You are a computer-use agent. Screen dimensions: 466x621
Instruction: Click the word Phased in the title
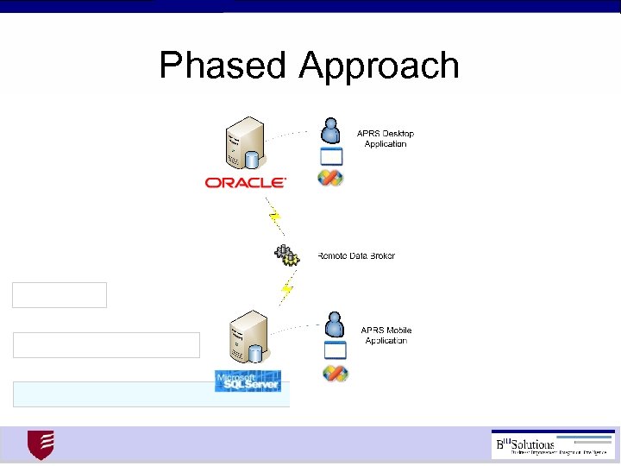pyautogui.click(x=224, y=66)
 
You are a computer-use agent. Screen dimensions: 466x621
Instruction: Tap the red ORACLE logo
pyautogui.click(x=245, y=182)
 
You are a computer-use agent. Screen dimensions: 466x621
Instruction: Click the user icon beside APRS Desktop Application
pyautogui.click(x=330, y=130)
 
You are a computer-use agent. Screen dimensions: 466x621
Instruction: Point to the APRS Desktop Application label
pyautogui.click(x=386, y=139)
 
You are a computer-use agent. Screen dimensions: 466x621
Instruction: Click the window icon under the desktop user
pyautogui.click(x=331, y=156)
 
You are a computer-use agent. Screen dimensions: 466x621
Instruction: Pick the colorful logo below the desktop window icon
pyautogui.click(x=330, y=178)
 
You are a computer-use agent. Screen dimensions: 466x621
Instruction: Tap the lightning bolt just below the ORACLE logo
pyautogui.click(x=275, y=216)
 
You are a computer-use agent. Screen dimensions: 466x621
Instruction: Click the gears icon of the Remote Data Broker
pyautogui.click(x=286, y=255)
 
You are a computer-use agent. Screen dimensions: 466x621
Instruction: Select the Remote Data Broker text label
pyautogui.click(x=356, y=255)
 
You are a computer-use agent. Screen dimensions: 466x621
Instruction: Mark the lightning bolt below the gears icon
pyautogui.click(x=286, y=290)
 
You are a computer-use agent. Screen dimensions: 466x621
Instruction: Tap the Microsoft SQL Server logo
pyautogui.click(x=248, y=381)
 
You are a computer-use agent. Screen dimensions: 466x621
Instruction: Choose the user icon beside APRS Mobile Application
pyautogui.click(x=333, y=325)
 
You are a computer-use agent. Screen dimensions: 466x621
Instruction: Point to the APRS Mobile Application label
pyautogui.click(x=386, y=336)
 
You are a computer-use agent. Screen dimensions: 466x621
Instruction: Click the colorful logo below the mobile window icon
pyautogui.click(x=334, y=374)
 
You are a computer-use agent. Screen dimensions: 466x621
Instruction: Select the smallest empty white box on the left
pyautogui.click(x=60, y=295)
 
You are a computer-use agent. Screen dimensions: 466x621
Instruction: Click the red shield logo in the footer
pyautogui.click(x=41, y=445)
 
